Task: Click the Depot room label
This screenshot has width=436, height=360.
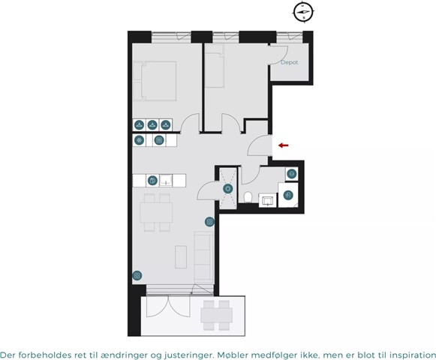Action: (289, 62)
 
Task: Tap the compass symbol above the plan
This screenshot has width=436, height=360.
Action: (303, 12)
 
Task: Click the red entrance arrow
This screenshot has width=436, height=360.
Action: (284, 145)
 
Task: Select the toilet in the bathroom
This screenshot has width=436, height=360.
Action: (247, 197)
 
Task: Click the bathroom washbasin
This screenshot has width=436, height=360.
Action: (267, 200)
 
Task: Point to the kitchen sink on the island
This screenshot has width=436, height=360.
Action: (166, 181)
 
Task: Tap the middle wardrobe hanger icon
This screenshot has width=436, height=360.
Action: (152, 124)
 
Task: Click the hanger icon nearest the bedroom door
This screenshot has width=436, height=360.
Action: (165, 124)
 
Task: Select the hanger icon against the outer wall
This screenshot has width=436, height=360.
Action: (139, 124)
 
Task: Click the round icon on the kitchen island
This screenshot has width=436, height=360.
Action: (152, 181)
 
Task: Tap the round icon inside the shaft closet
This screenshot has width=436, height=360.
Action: (228, 189)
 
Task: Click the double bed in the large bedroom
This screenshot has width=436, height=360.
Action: (155, 81)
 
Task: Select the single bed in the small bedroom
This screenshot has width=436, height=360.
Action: (215, 65)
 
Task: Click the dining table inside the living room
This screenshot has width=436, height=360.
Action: (156, 213)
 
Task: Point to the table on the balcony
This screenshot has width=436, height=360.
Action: (217, 315)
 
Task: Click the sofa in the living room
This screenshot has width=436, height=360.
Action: (203, 256)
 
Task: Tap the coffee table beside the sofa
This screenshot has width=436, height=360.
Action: (181, 256)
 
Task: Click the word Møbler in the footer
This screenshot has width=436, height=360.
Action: (233, 355)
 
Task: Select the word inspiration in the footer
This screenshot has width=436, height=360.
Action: (413, 355)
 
